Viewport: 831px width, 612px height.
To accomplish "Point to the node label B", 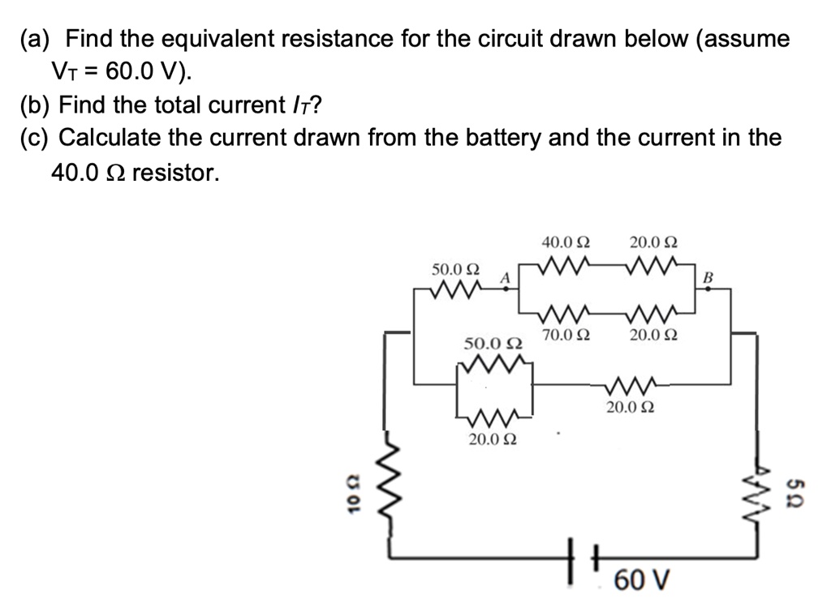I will click(x=706, y=278).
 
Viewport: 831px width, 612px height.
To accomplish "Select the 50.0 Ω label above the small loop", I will click(x=493, y=344).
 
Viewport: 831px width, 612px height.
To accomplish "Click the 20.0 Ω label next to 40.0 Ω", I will click(x=653, y=242).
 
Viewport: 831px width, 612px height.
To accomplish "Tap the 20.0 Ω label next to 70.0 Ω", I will click(x=653, y=334).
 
